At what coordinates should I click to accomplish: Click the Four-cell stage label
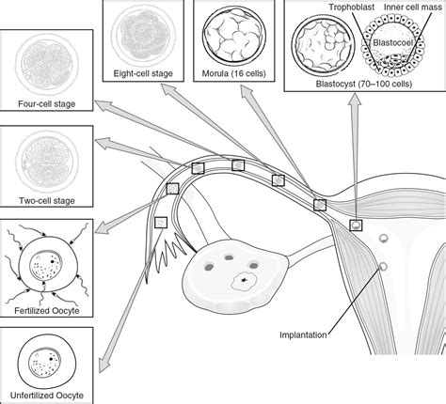46,105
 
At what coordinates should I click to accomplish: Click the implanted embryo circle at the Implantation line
382,267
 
